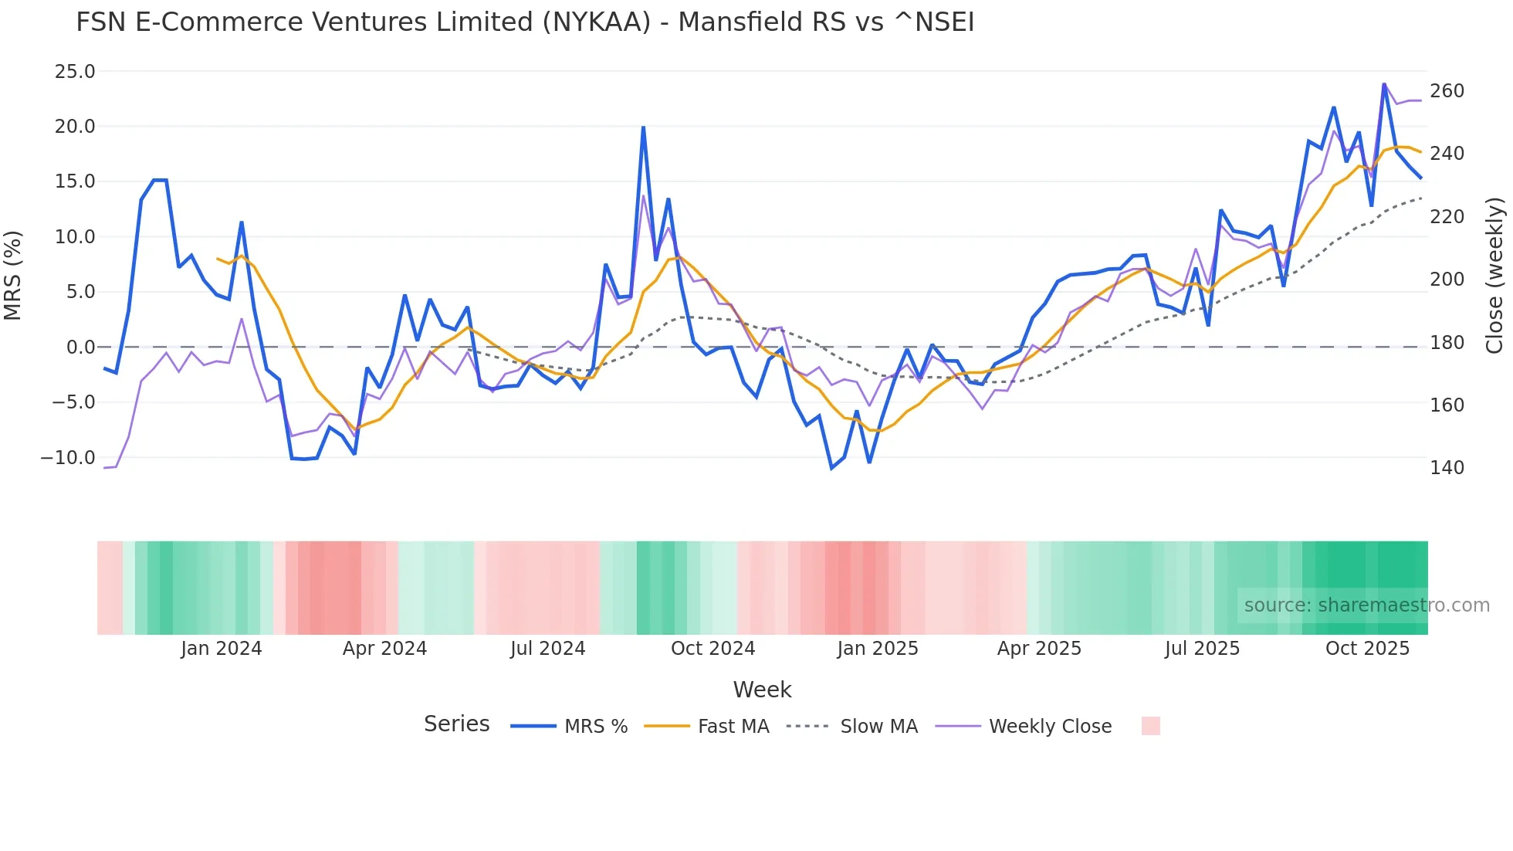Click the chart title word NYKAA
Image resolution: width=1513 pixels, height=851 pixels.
pos(597,22)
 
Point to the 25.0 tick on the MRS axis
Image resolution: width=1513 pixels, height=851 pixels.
pos(75,72)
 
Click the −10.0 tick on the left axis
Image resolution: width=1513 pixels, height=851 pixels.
pos(68,458)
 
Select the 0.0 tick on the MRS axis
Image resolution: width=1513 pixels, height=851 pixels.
pos(80,348)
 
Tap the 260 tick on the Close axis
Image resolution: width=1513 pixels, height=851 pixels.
pos(1447,91)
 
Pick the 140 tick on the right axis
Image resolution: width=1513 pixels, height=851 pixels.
pos(1447,468)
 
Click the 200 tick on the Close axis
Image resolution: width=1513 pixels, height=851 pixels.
pos(1447,280)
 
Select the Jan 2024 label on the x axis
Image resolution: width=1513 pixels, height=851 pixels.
pos(222,649)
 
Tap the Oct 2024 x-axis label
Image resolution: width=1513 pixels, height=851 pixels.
pos(712,649)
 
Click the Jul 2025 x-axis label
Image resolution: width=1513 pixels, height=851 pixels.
pos(1202,649)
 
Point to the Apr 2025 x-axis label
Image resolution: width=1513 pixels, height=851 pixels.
pos(1039,649)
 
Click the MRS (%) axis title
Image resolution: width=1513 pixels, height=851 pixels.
pos(13,275)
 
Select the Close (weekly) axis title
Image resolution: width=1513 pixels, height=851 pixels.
pos(1495,275)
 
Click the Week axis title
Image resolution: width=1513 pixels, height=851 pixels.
pos(762,690)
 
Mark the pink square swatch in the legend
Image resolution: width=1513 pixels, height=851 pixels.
pos(1150,726)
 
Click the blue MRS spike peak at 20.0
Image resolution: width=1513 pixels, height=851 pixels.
pos(643,127)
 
